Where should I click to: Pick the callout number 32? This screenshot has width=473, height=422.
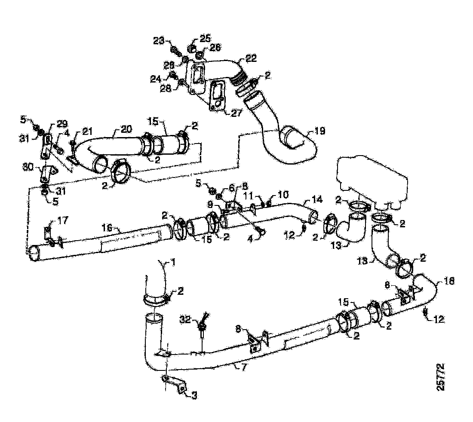[x=185, y=320]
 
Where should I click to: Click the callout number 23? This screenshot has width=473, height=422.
[x=159, y=41]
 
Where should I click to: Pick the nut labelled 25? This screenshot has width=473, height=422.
[x=193, y=47]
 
